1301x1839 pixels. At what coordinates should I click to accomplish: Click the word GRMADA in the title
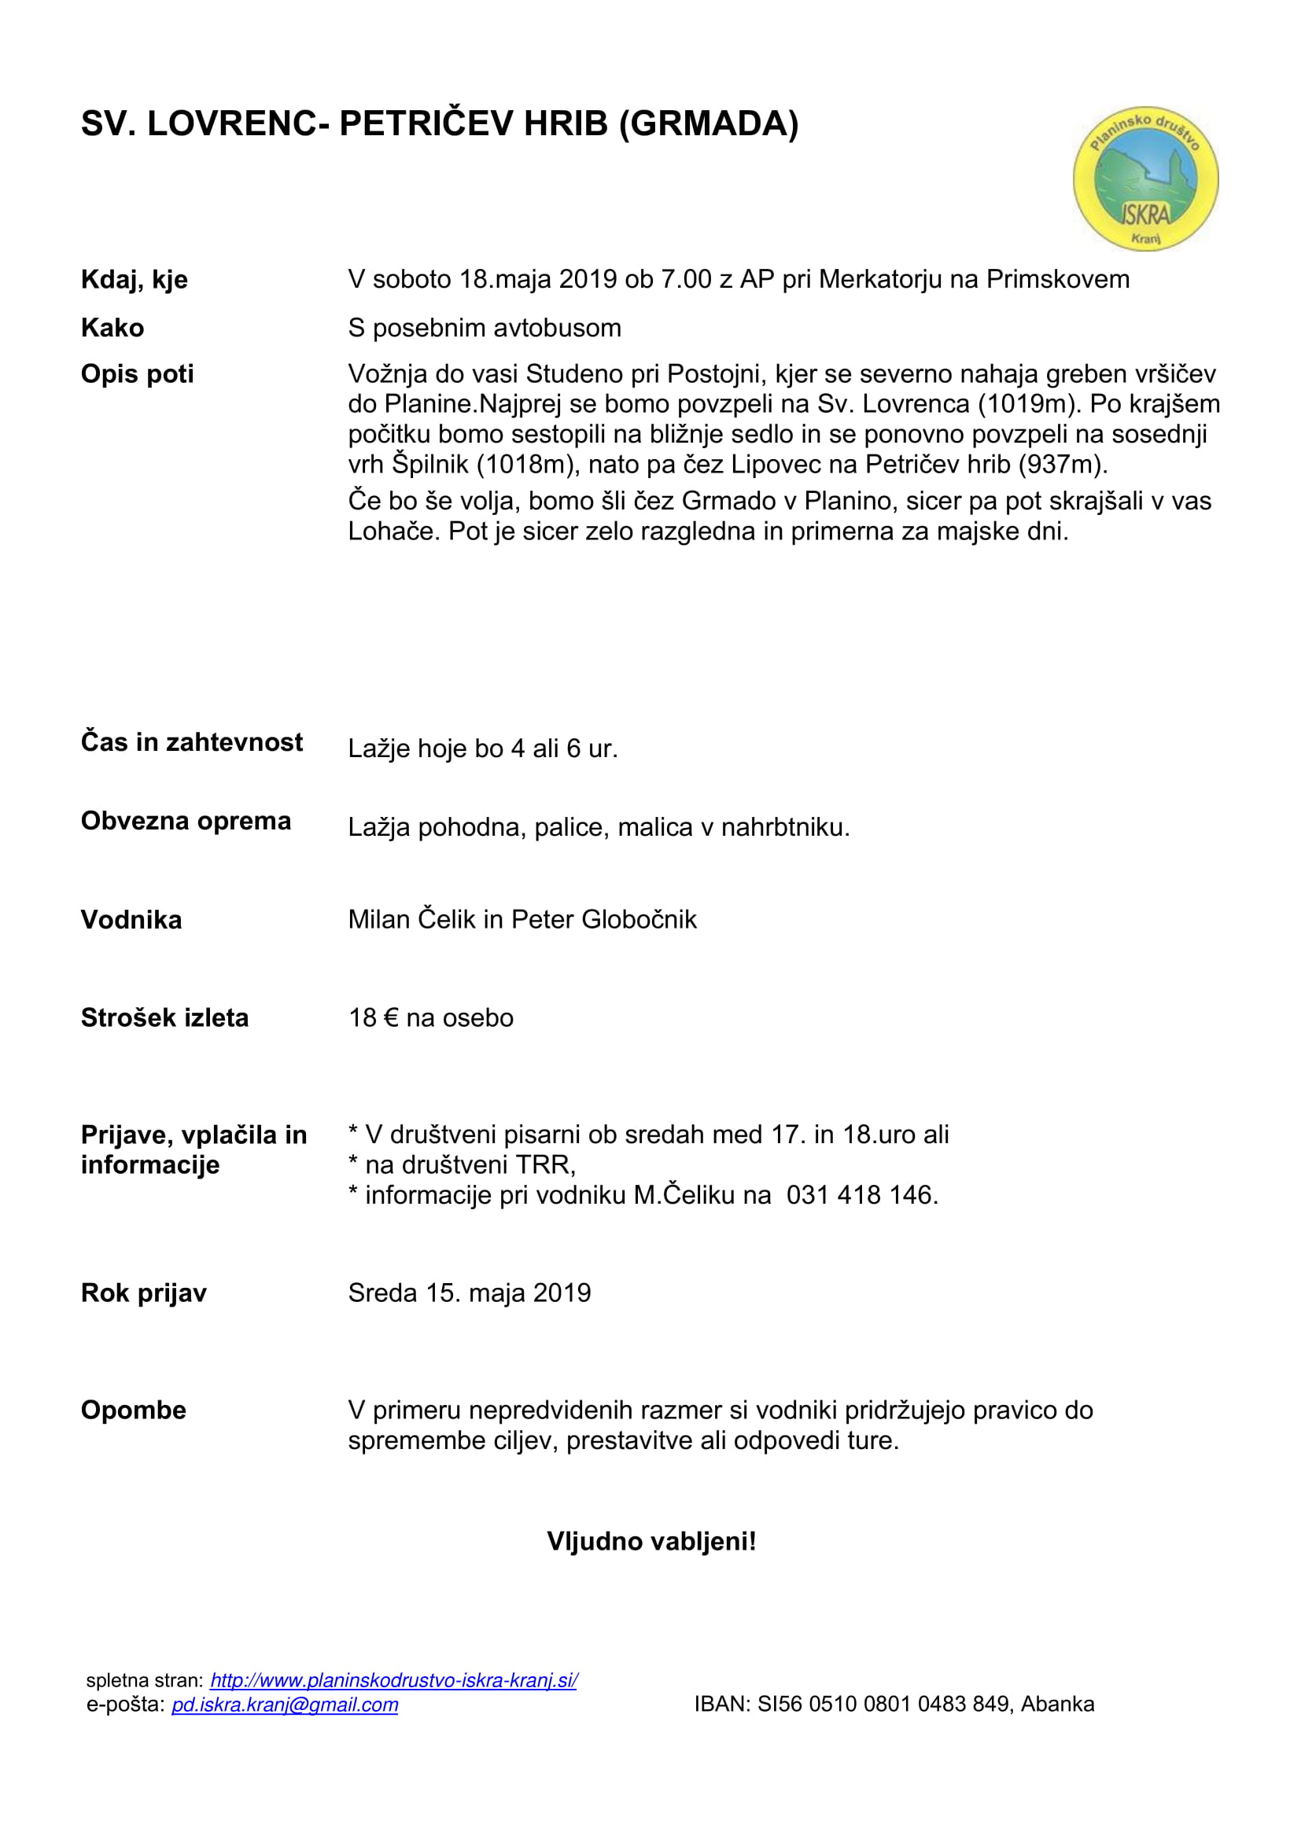(x=709, y=124)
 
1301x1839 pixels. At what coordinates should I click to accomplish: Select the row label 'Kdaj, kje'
(x=135, y=280)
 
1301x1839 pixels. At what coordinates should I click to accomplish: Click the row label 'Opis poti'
(x=137, y=374)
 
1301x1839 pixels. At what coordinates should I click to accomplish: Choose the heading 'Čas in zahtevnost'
(x=191, y=742)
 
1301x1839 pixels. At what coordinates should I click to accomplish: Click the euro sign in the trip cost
(x=391, y=1018)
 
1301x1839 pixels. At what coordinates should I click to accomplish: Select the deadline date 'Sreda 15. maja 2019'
(x=470, y=1293)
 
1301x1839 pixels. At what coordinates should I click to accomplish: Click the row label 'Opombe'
(x=134, y=1410)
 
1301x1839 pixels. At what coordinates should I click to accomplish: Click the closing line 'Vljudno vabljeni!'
(x=650, y=1541)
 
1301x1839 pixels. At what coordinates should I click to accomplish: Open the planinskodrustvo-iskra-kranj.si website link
(x=393, y=1680)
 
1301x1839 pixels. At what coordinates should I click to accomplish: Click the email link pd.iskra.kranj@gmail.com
(x=285, y=1705)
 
